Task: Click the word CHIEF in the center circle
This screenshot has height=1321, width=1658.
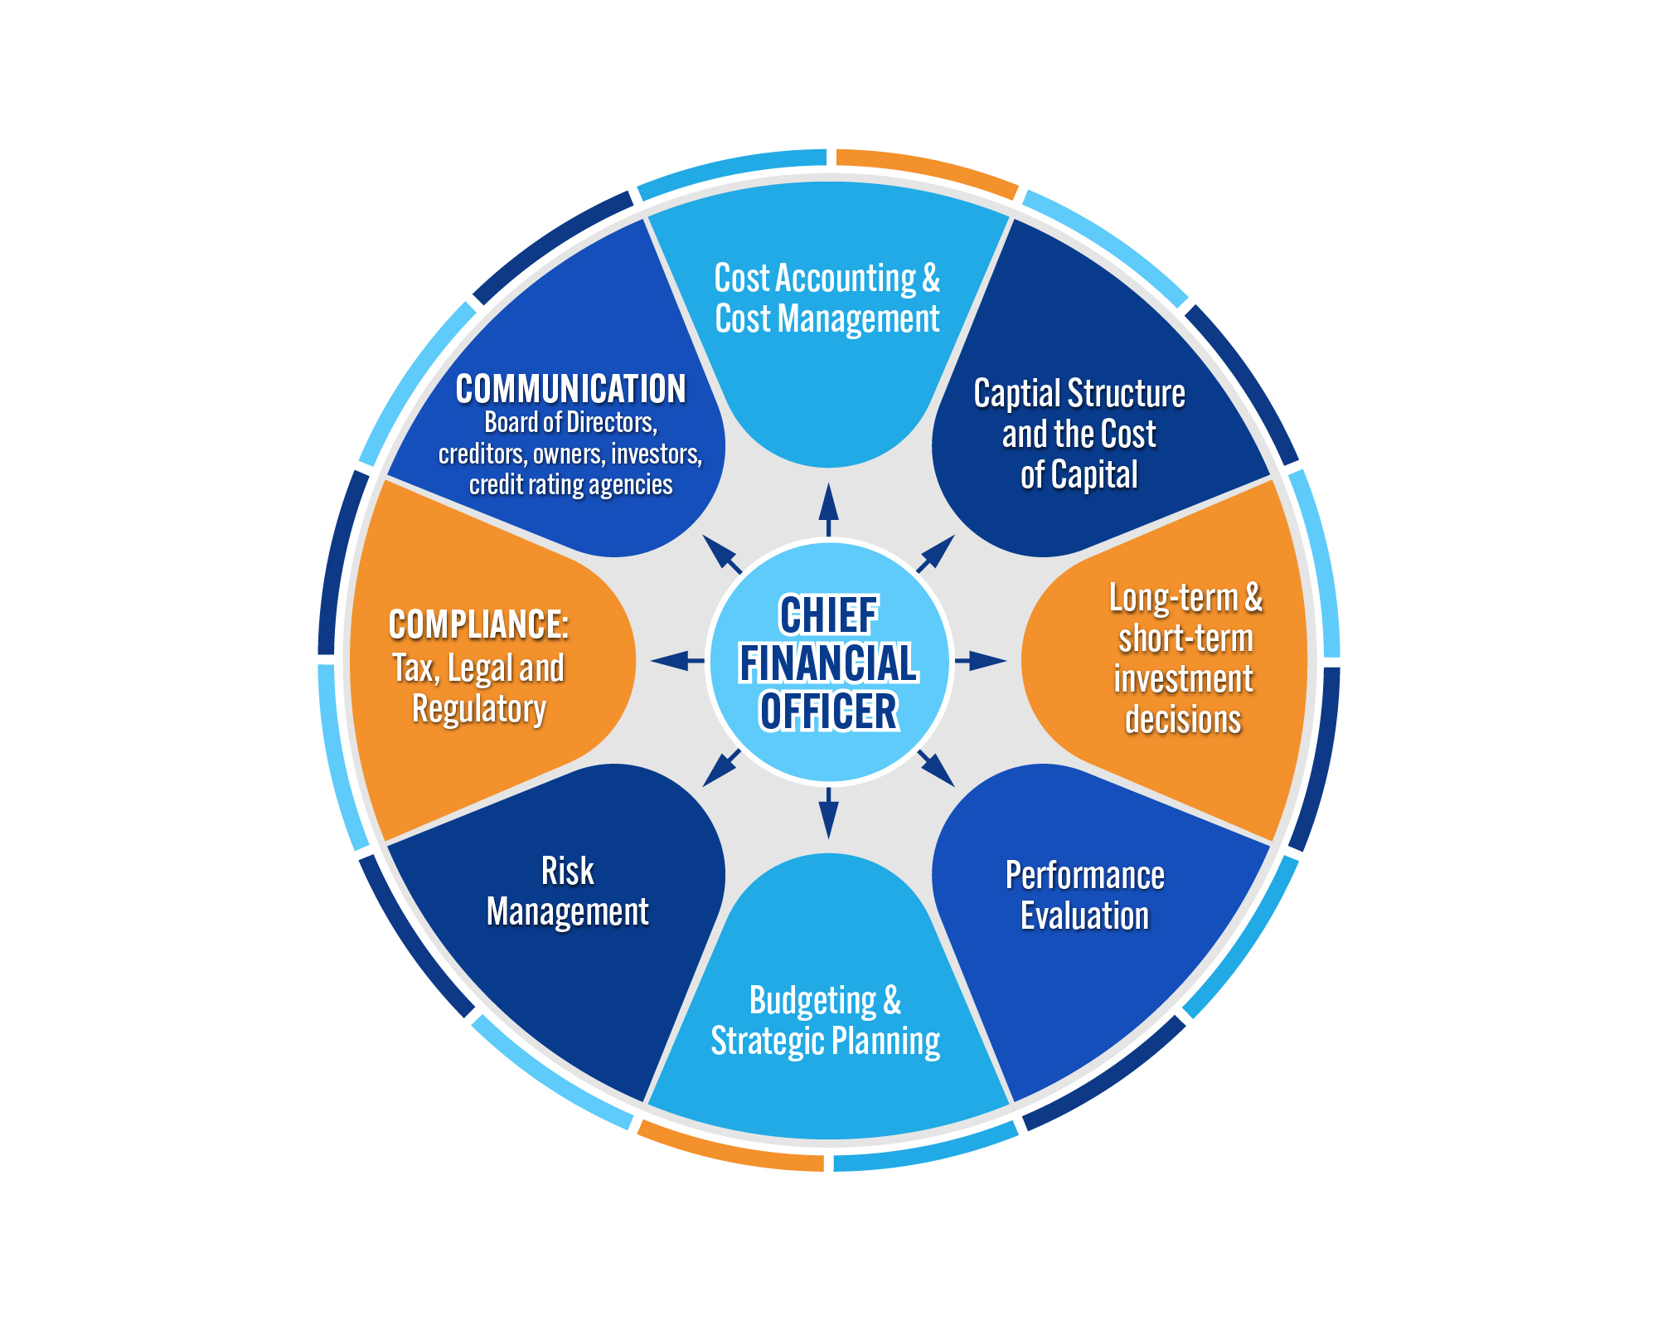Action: click(x=828, y=615)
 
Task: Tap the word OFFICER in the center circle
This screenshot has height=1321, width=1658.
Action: click(x=828, y=711)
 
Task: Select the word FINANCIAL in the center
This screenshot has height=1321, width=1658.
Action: click(x=828, y=663)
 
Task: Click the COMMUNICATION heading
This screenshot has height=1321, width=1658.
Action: click(x=570, y=389)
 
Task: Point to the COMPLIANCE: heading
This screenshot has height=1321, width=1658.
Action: click(x=478, y=624)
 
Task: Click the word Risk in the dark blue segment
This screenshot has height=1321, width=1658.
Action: click(x=567, y=872)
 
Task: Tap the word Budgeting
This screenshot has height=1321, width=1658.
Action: click(x=812, y=1001)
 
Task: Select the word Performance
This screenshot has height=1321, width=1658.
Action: click(x=1084, y=876)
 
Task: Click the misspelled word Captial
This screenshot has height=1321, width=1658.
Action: click(x=1020, y=394)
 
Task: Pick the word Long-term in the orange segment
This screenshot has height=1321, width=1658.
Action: click(x=1173, y=598)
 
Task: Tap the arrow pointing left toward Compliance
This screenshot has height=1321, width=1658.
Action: click(x=676, y=661)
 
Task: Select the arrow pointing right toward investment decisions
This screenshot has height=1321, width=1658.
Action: click(x=982, y=661)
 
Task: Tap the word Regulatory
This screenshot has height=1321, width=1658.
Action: click(x=478, y=710)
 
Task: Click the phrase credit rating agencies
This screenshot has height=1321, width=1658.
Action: click(x=570, y=485)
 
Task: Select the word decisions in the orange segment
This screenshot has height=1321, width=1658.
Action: click(x=1182, y=720)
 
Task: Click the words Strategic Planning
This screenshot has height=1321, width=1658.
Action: click(x=826, y=1042)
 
